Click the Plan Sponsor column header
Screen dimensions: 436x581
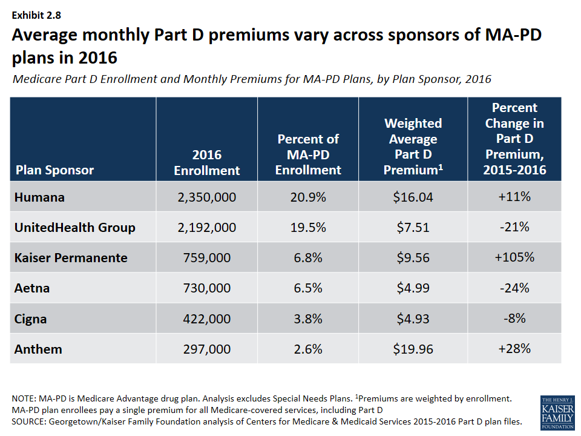[54, 170]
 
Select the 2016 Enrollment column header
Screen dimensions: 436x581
[206, 162]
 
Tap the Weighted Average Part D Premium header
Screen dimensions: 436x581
[413, 147]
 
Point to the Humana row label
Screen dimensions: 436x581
[39, 197]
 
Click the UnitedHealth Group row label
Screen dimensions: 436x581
[74, 227]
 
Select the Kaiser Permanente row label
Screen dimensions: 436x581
[71, 257]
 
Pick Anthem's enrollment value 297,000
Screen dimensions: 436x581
[206, 349]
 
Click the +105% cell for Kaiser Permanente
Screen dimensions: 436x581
[514, 257]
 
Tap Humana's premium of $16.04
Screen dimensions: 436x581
[413, 197]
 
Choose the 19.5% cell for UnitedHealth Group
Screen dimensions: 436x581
[308, 227]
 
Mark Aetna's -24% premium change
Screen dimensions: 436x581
[514, 288]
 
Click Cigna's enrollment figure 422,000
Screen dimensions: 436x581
[206, 319]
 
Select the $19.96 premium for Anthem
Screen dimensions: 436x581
[413, 349]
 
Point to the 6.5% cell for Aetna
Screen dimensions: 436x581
[308, 288]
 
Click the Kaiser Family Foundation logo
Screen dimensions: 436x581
[557, 412]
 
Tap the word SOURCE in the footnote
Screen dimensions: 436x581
[28, 421]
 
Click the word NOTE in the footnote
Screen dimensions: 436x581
[24, 399]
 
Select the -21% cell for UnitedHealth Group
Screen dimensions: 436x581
[514, 227]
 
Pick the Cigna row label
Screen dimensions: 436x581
[30, 319]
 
